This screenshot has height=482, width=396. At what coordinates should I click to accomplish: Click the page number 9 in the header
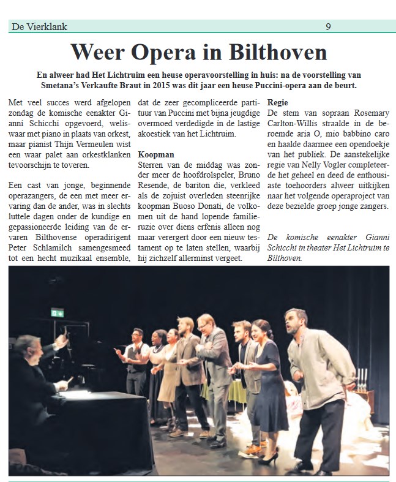pos(329,26)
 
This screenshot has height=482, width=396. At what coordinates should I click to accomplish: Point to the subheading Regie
pos(278,102)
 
